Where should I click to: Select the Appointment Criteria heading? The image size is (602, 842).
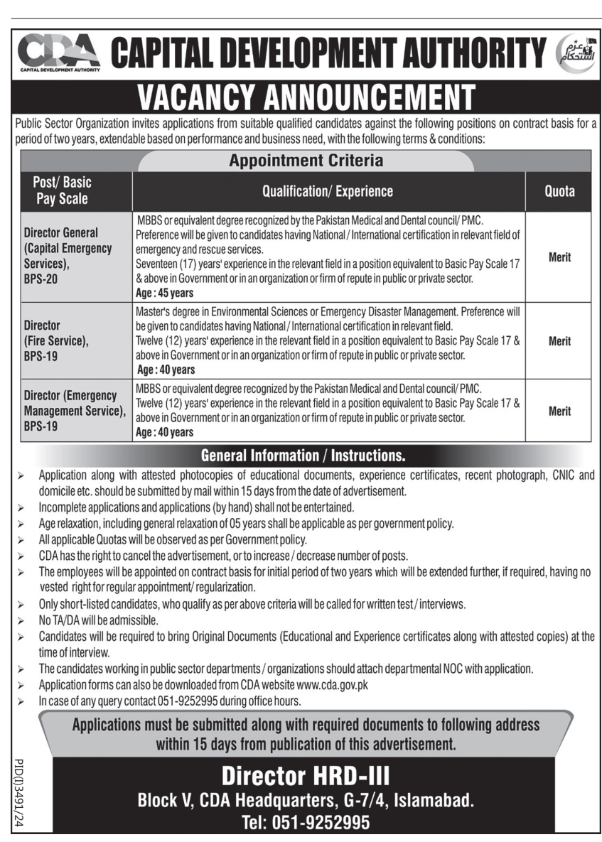(x=306, y=161)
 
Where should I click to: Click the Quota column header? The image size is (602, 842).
(x=559, y=191)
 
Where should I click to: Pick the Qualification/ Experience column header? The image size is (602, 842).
(x=328, y=191)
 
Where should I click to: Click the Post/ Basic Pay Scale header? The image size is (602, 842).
(x=62, y=191)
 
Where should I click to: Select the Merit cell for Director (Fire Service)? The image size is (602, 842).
(x=559, y=341)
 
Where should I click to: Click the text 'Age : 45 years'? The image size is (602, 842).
(x=164, y=293)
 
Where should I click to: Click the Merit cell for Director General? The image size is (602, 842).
(x=559, y=257)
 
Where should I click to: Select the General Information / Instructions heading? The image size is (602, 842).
(x=303, y=455)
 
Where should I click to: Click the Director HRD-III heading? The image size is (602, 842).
(x=306, y=775)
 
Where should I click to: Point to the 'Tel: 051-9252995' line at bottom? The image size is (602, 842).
(x=306, y=822)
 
